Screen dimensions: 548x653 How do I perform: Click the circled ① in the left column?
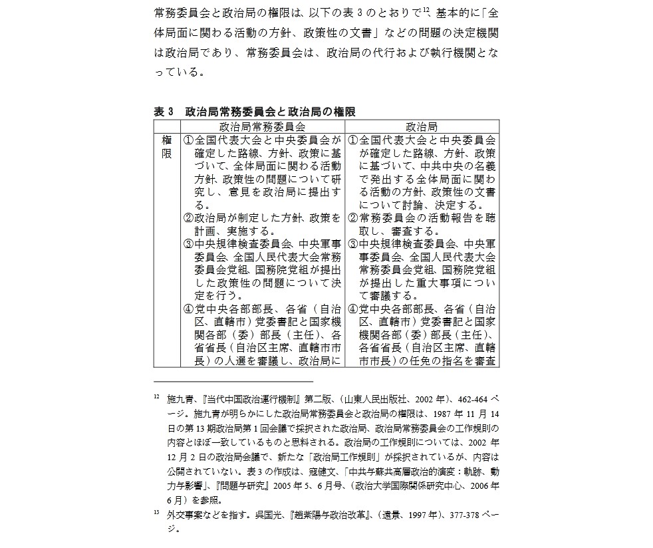tap(188, 140)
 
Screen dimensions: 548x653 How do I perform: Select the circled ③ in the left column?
tap(188, 243)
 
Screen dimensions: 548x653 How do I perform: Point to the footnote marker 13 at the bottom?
tap(156, 513)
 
